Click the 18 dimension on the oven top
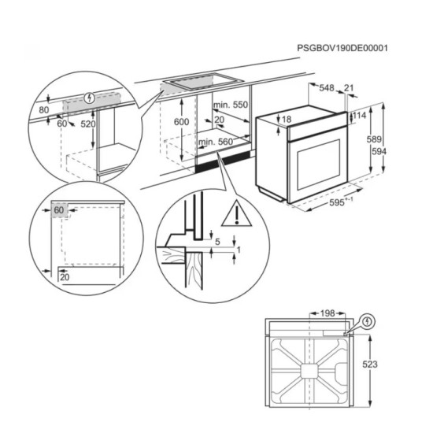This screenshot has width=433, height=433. (287, 120)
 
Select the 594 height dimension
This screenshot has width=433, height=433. (379, 151)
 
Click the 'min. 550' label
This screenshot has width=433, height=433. (230, 105)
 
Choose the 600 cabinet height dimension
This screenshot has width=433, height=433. (180, 122)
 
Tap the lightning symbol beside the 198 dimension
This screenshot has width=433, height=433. (368, 321)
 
